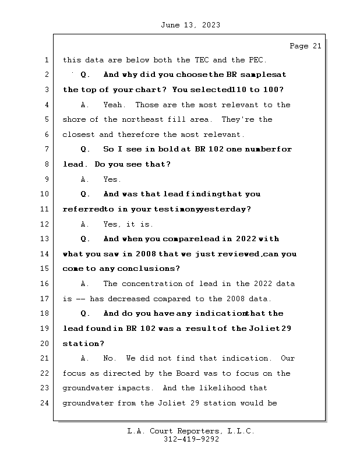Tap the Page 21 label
coord(305,46)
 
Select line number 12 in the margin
coord(45,224)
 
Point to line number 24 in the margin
coord(45,403)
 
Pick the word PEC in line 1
coord(255,60)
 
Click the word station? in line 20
coord(79,344)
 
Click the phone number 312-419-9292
coord(191,440)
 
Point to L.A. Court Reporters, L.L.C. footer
coord(191,431)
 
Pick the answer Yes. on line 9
coord(112,179)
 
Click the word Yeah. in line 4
coord(114,105)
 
